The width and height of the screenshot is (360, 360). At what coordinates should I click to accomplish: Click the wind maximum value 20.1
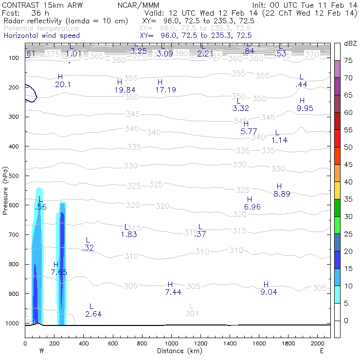pyautogui.click(x=63, y=85)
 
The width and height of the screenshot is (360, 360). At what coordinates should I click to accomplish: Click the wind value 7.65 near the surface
pyautogui.click(x=59, y=272)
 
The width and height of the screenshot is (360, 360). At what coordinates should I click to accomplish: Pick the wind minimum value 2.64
pyautogui.click(x=93, y=314)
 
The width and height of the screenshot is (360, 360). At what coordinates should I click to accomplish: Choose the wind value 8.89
pyautogui.click(x=282, y=194)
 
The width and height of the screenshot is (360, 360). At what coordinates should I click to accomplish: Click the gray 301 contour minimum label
pyautogui.click(x=192, y=314)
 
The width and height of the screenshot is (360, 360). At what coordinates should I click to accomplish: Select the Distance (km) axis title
pyautogui.click(x=178, y=351)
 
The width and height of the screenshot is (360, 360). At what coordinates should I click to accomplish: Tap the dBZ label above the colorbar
pyautogui.click(x=350, y=43)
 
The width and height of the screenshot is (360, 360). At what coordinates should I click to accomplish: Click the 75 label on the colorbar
pyautogui.click(x=348, y=60)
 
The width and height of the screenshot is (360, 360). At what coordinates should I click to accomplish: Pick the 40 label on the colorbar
pyautogui.click(x=348, y=182)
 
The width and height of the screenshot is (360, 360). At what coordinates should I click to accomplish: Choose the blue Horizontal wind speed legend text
pyautogui.click(x=41, y=36)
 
